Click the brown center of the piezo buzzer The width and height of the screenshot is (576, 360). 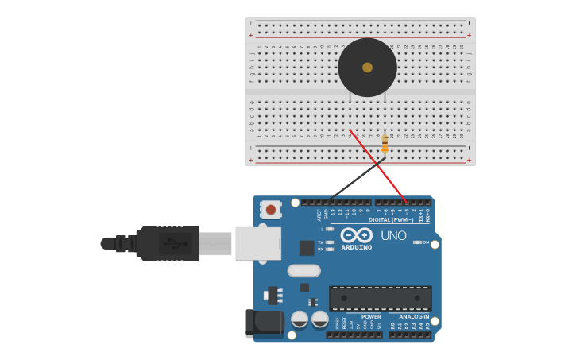[367, 68]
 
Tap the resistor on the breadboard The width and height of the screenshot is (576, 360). [385, 143]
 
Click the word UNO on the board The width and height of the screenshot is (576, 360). [393, 236]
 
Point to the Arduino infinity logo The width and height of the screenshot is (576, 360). [357, 235]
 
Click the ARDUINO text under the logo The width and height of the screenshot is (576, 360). [357, 247]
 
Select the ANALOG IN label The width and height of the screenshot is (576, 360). [414, 316]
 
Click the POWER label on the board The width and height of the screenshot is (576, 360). [370, 316]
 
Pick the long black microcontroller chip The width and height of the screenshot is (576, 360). [381, 298]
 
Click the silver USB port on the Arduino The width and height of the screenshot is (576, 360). [258, 243]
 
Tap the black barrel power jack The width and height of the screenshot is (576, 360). [264, 323]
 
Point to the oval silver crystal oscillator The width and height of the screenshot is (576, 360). [303, 270]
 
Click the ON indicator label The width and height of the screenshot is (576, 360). [426, 242]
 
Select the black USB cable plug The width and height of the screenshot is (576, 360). [167, 243]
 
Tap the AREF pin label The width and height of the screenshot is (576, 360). [319, 215]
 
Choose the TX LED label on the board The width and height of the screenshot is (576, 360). [320, 242]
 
